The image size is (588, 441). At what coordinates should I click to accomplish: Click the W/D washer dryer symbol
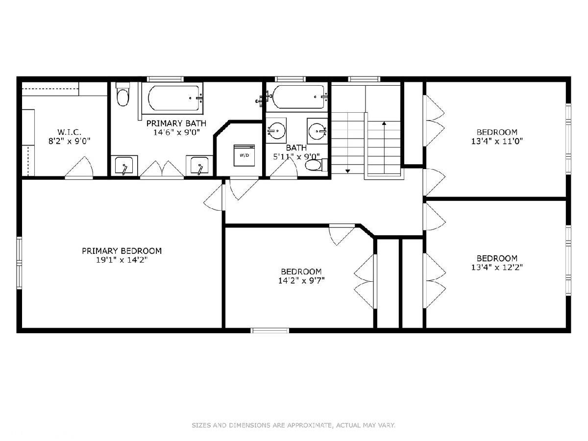click(244, 155)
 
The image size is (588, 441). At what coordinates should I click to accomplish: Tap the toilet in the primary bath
click(122, 94)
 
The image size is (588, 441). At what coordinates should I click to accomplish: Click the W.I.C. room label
click(69, 132)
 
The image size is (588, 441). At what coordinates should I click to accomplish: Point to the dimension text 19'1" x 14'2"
click(122, 260)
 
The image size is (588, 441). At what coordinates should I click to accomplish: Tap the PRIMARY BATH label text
click(176, 123)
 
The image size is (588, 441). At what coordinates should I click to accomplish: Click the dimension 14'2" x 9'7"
click(301, 281)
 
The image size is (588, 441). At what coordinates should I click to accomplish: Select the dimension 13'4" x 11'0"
click(497, 141)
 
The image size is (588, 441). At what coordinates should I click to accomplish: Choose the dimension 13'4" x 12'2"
click(497, 267)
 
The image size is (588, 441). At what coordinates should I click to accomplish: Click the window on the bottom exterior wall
click(270, 331)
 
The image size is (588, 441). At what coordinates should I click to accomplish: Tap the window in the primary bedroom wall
click(19, 263)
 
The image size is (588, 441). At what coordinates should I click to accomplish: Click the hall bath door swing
click(283, 168)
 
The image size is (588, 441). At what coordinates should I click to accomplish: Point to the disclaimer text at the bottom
click(294, 425)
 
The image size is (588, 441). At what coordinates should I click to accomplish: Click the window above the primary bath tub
click(165, 79)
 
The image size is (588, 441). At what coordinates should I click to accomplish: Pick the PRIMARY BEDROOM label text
click(122, 251)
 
